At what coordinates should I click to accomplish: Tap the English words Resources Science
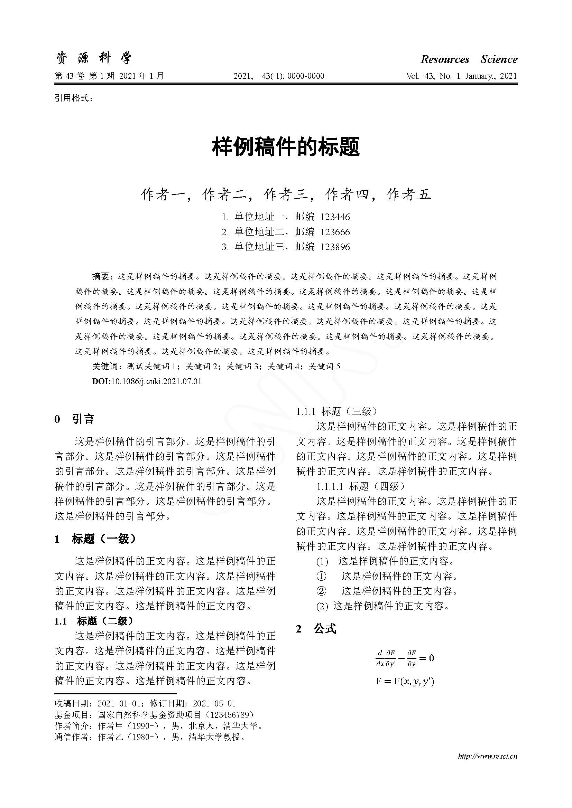point(469,59)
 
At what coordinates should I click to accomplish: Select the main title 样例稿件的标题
point(286,147)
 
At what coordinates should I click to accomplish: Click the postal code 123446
point(335,217)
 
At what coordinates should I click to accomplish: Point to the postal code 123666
point(335,232)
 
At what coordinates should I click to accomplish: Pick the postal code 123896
point(335,247)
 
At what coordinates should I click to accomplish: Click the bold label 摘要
point(101,277)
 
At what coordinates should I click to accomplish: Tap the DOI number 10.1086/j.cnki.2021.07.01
point(156,381)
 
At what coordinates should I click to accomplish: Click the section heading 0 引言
point(74,419)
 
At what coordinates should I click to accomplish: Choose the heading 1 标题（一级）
point(95,539)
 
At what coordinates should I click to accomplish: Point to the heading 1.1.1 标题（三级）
point(337,411)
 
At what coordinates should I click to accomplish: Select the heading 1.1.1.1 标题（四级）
point(361,486)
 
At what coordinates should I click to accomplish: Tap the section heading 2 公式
point(316,628)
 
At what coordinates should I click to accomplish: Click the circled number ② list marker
point(321,591)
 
